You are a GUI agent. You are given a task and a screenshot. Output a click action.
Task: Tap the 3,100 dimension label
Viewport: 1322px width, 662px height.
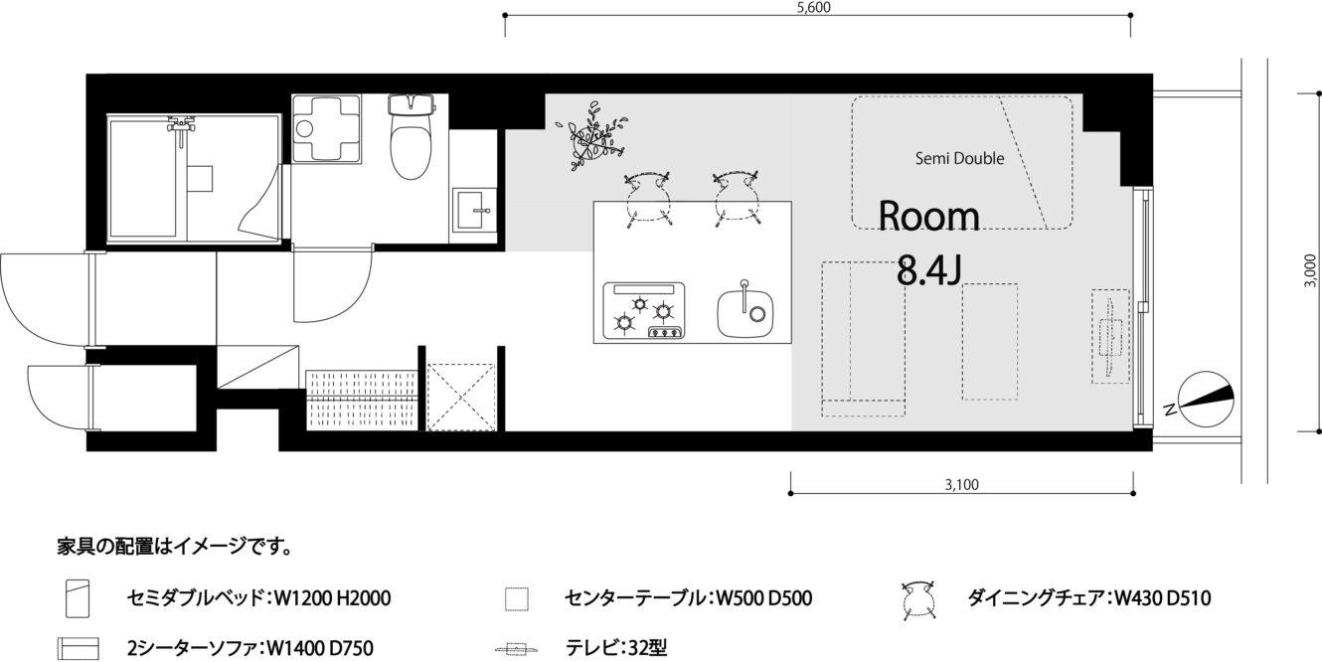pyautogui.click(x=962, y=484)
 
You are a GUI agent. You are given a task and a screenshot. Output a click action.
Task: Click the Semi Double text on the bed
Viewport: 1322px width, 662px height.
pyautogui.click(x=959, y=158)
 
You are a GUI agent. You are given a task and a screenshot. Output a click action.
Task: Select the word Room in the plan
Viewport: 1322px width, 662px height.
pyautogui.click(x=929, y=216)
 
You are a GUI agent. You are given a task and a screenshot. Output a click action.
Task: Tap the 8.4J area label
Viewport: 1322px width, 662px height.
pyautogui.click(x=929, y=270)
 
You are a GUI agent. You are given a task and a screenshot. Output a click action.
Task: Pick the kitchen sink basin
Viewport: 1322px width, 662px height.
pyautogui.click(x=745, y=313)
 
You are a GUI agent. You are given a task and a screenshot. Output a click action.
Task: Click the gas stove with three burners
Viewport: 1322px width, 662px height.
pyautogui.click(x=644, y=310)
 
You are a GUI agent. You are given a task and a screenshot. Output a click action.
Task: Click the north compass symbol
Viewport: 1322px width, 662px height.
pyautogui.click(x=1205, y=399)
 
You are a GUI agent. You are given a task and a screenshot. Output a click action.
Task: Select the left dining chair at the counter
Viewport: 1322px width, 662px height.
pyautogui.click(x=648, y=200)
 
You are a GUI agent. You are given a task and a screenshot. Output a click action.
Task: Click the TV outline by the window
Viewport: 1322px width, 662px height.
pyautogui.click(x=1110, y=336)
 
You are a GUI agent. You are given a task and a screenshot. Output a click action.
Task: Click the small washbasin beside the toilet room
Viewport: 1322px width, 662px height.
pyautogui.click(x=474, y=211)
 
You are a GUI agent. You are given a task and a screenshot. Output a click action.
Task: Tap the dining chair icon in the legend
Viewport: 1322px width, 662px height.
pyautogui.click(x=918, y=600)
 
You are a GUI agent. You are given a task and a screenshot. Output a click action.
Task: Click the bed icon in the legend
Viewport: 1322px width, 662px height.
pyautogui.click(x=78, y=598)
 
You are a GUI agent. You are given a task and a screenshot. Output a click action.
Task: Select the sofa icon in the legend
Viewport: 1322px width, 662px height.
pyautogui.click(x=78, y=648)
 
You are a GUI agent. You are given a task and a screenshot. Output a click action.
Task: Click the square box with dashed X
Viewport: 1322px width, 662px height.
pyautogui.click(x=461, y=397)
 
